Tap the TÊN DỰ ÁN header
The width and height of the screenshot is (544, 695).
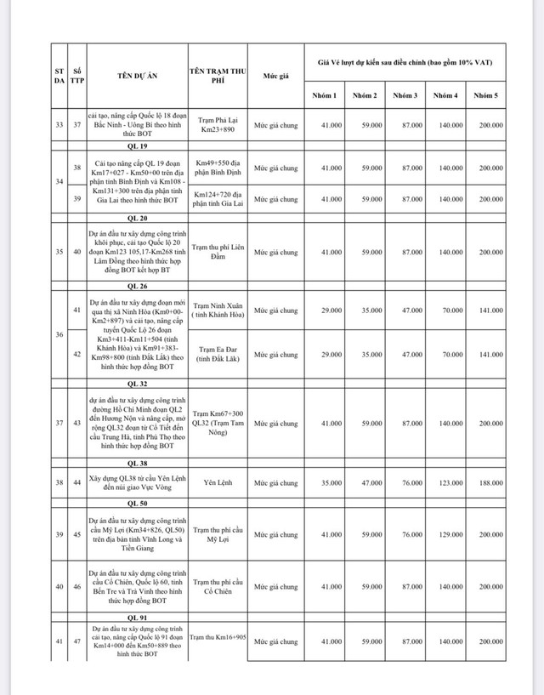135,77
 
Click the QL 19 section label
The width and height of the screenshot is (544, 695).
135,145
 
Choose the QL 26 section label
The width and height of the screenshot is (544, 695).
135,287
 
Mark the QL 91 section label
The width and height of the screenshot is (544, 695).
135,617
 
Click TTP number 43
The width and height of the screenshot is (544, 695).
76,423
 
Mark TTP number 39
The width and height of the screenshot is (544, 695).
76,199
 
